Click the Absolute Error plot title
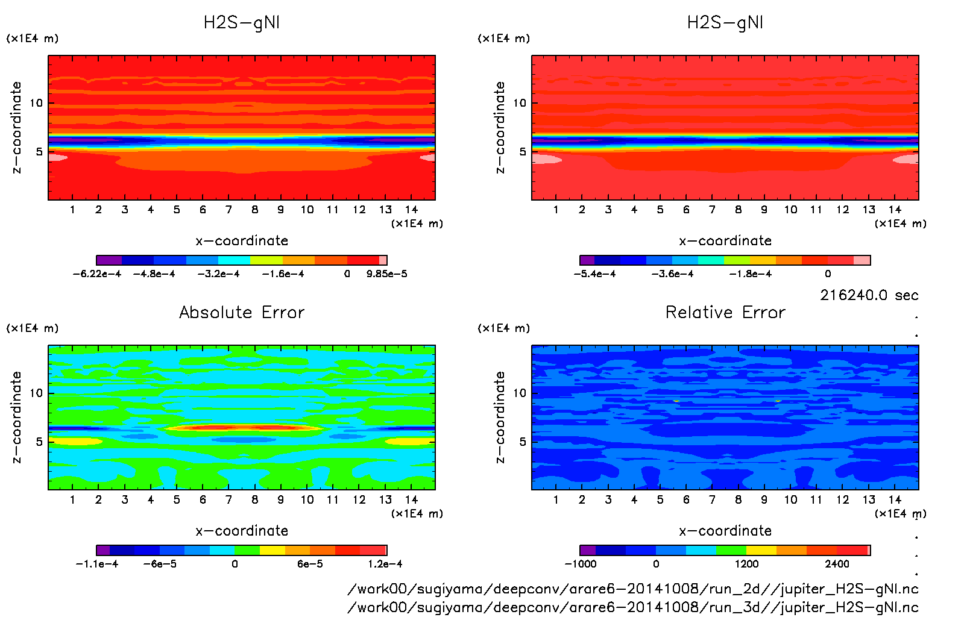(x=242, y=312)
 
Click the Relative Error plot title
(x=725, y=312)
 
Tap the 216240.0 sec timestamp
(x=869, y=295)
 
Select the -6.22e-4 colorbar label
(x=96, y=274)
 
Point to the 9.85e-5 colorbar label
(x=386, y=274)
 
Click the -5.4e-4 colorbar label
(x=594, y=274)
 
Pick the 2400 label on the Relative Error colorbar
(x=837, y=564)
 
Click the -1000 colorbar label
(x=580, y=564)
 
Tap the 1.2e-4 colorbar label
(x=385, y=564)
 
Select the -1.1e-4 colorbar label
(x=96, y=564)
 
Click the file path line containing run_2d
(x=633, y=589)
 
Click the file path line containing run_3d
(x=633, y=607)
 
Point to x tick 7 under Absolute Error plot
(x=228, y=499)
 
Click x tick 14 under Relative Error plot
(x=895, y=499)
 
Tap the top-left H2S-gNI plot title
(x=242, y=23)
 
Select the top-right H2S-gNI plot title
(x=725, y=23)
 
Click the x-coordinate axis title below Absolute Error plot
(x=242, y=531)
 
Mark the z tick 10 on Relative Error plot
(x=519, y=393)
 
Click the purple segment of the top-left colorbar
(x=109, y=260)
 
